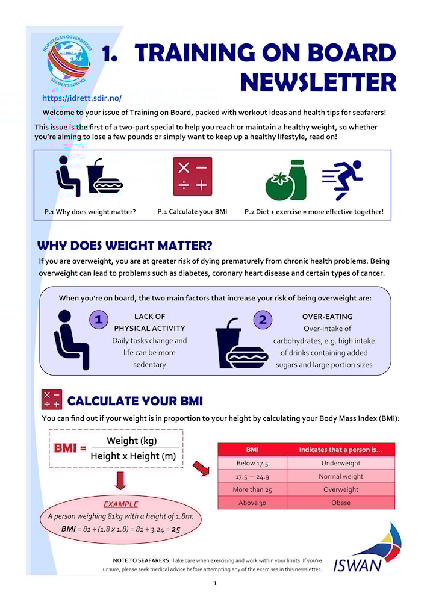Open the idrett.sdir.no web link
tap(82, 98)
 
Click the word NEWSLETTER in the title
tap(318, 82)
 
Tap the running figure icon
tap(342, 180)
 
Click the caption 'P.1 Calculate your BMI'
tap(192, 212)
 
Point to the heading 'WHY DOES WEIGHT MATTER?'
tap(125, 246)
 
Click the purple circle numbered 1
tap(99, 320)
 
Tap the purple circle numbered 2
tap(263, 320)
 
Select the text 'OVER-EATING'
tap(327, 317)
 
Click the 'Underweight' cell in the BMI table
tap(341, 463)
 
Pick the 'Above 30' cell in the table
tap(252, 503)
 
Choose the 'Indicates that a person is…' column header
tap(341, 450)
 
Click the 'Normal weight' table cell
tap(341, 476)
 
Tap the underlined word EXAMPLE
tap(120, 504)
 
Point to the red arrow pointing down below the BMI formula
tap(120, 480)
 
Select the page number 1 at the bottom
tap(215, 583)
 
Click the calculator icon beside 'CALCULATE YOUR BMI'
tap(52, 399)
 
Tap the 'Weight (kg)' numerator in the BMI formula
tap(131, 441)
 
